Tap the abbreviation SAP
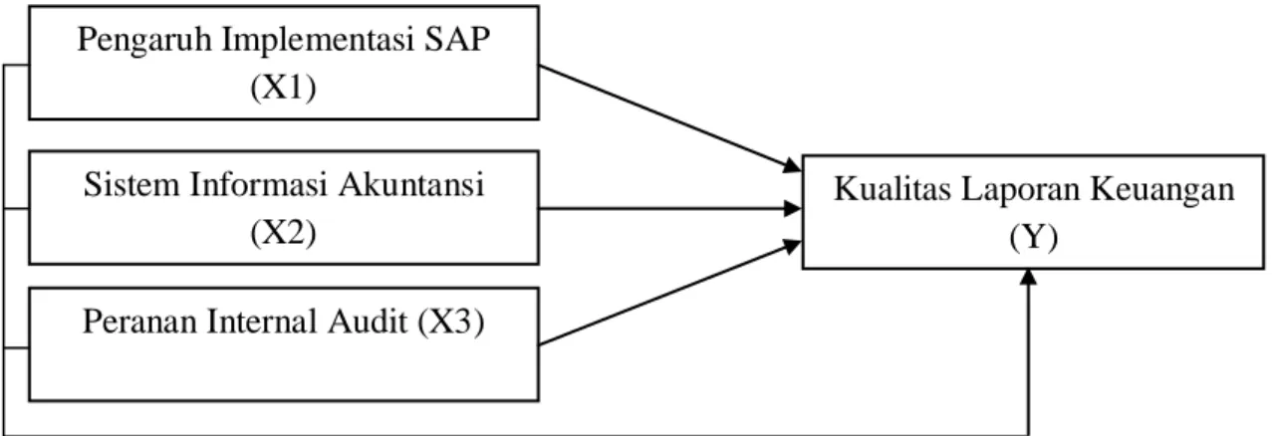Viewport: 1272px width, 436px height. click(x=456, y=39)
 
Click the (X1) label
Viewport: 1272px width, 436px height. click(x=283, y=88)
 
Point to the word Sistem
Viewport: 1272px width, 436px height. click(x=131, y=184)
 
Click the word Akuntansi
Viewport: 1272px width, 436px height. click(x=411, y=184)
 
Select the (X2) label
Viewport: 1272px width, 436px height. click(x=283, y=233)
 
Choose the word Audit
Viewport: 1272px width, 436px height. click(x=368, y=322)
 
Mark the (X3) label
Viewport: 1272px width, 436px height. click(x=451, y=322)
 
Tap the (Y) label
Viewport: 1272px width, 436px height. click(x=1034, y=238)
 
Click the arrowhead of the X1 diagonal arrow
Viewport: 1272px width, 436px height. click(x=793, y=166)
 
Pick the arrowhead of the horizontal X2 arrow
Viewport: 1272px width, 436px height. click(x=793, y=208)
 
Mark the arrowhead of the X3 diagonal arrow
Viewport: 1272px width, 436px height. click(x=793, y=246)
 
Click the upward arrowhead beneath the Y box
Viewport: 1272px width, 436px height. click(x=1028, y=278)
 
